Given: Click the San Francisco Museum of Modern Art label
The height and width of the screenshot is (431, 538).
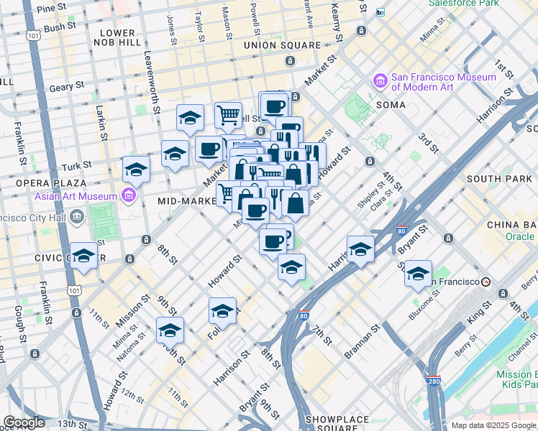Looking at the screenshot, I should point(443,82).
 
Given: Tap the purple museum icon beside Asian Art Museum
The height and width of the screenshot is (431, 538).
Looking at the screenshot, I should point(129,195).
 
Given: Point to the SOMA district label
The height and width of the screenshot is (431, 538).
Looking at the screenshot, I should point(390,105).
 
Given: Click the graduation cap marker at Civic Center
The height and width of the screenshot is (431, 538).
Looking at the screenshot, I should point(84,256).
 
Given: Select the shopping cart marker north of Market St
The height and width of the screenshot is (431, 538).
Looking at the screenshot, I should point(228,114).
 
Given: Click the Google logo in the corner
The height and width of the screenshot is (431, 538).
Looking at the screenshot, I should point(24,422).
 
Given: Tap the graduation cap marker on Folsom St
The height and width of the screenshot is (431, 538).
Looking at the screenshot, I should point(223,311).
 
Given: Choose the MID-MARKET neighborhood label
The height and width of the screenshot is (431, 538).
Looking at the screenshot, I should point(187,202).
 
